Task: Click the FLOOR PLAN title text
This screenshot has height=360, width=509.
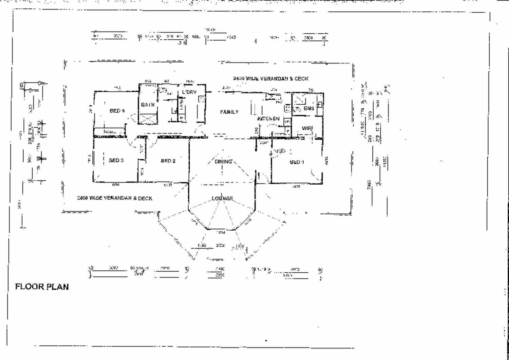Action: pyautogui.click(x=42, y=287)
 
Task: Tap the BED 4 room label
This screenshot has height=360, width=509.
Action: pyautogui.click(x=117, y=111)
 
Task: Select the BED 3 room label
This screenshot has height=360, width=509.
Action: pyautogui.click(x=116, y=160)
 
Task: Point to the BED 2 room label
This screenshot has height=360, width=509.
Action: pyautogui.click(x=168, y=161)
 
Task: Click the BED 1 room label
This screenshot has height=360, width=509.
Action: pyautogui.click(x=297, y=162)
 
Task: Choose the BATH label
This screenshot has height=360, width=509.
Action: pyautogui.click(x=148, y=105)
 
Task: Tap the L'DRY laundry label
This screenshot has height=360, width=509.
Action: pyautogui.click(x=189, y=92)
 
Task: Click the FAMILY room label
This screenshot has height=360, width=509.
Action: pyautogui.click(x=229, y=112)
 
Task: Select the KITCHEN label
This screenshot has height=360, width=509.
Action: pyautogui.click(x=268, y=119)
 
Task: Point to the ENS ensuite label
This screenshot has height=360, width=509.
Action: pyautogui.click(x=308, y=108)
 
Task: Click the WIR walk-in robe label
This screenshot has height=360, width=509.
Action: pyautogui.click(x=307, y=128)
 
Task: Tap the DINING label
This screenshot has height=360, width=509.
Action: pyautogui.click(x=223, y=162)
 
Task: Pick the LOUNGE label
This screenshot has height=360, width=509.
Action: pyautogui.click(x=222, y=198)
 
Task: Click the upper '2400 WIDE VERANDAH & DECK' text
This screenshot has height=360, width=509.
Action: pyautogui.click(x=270, y=78)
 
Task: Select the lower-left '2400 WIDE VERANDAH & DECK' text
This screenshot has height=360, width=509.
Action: pyautogui.click(x=114, y=198)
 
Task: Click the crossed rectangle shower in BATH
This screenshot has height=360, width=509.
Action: pyautogui.click(x=148, y=119)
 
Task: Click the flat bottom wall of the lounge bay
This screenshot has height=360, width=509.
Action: pyautogui.click(x=221, y=230)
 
